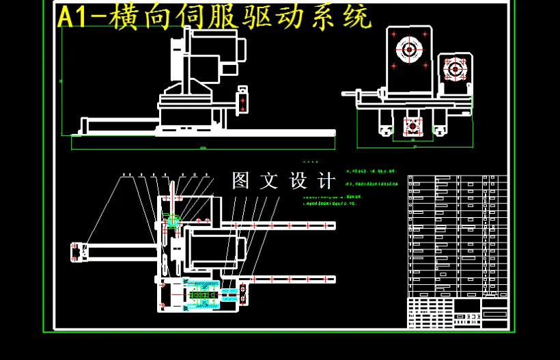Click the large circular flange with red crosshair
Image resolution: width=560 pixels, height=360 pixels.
[x=409, y=50]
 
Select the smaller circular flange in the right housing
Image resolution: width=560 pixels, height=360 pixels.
[x=454, y=68]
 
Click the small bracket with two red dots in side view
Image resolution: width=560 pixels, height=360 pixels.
[x=242, y=100]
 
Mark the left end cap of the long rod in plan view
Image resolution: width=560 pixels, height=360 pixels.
[x=75, y=251]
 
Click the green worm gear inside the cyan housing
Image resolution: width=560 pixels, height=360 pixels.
[x=201, y=296]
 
